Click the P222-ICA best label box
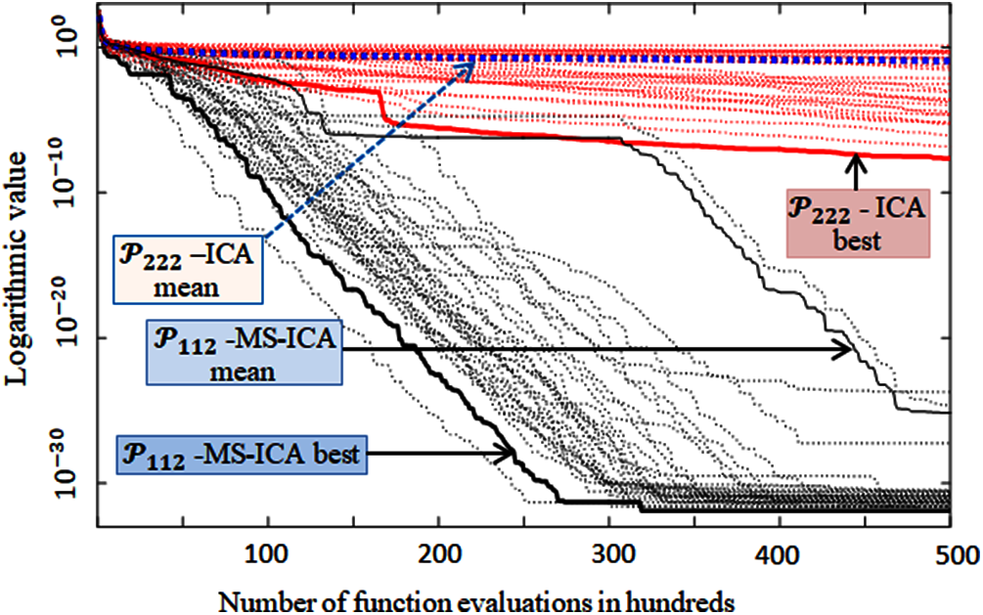pos(856,223)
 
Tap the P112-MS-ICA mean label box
pos(244,352)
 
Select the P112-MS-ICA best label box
pos(242,455)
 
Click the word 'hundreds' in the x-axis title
pos(680,596)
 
